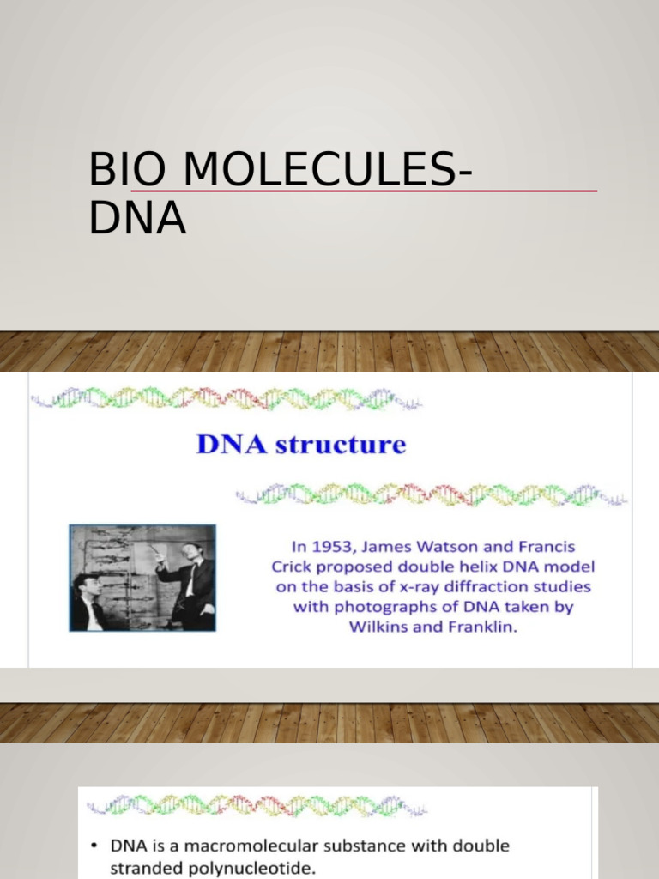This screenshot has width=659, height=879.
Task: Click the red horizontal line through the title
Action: tap(515, 191)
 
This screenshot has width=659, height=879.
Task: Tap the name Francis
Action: tap(543, 547)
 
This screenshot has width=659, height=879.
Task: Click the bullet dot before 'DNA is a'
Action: tap(94, 846)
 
